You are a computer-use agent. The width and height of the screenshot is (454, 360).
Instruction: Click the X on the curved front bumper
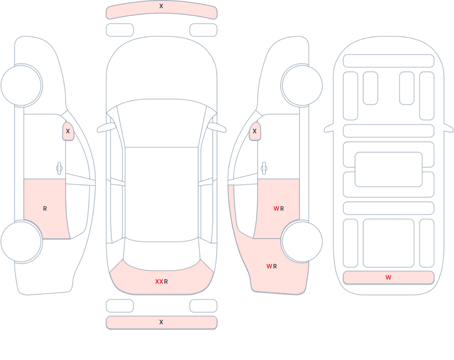[x=161, y=6]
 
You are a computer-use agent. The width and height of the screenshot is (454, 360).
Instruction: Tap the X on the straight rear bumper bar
[x=161, y=322]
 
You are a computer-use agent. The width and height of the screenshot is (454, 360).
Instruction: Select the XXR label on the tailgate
[x=162, y=281]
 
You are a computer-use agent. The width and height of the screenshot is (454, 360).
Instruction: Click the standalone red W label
[x=389, y=277]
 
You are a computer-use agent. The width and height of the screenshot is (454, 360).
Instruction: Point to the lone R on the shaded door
[x=45, y=209]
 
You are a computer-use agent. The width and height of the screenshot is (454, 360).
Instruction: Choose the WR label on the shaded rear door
[x=279, y=209]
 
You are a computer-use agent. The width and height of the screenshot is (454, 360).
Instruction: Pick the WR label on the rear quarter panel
[x=272, y=266]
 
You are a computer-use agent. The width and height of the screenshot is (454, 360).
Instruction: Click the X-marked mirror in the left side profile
[x=68, y=131]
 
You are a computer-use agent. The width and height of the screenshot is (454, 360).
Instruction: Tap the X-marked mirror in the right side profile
[x=255, y=131]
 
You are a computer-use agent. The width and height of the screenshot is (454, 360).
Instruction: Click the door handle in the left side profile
[x=59, y=168]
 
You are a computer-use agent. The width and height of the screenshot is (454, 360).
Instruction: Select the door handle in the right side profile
[x=264, y=168]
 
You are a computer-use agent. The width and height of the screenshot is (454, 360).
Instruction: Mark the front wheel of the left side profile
[x=21, y=86]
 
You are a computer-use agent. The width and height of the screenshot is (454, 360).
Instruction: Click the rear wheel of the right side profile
[x=302, y=242]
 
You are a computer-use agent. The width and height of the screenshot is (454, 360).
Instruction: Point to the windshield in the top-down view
[x=162, y=123]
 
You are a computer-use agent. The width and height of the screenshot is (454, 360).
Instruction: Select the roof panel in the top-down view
[x=162, y=194]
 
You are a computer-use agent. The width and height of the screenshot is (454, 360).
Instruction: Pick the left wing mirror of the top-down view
[x=106, y=128]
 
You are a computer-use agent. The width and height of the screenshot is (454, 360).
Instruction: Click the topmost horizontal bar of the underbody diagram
[x=389, y=61]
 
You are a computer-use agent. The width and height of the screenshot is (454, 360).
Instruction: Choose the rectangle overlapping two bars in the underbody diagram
[x=389, y=169]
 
